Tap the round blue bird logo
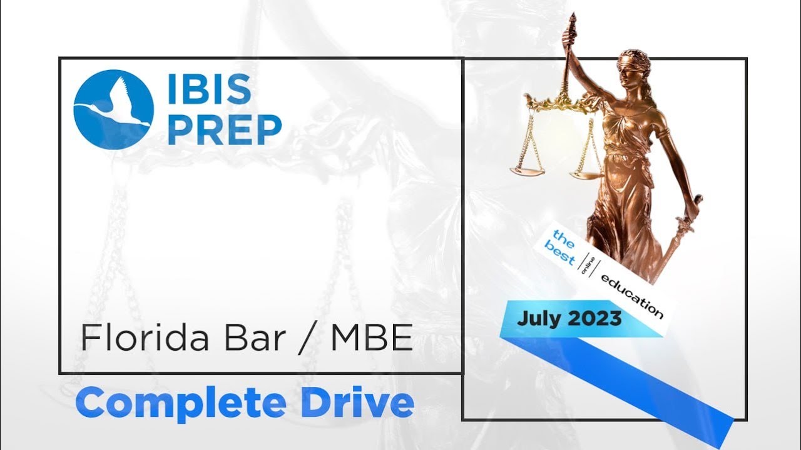pyautogui.click(x=113, y=109)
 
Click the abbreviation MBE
pyautogui.click(x=372, y=338)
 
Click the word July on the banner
pyautogui.click(x=540, y=318)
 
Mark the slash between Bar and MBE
pyautogui.click(x=307, y=338)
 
